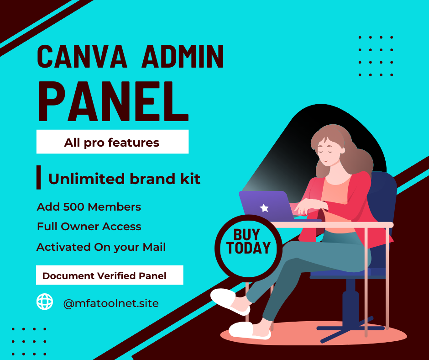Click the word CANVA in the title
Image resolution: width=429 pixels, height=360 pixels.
click(82, 57)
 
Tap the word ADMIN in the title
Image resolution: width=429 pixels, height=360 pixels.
click(183, 57)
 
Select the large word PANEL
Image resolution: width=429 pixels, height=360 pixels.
click(113, 101)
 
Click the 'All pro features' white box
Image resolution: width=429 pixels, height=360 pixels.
click(112, 142)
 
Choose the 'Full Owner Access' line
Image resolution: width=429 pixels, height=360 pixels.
click(89, 227)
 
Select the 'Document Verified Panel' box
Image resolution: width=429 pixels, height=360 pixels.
click(110, 275)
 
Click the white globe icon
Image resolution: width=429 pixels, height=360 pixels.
click(45, 302)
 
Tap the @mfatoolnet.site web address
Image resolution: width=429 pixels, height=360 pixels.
click(111, 303)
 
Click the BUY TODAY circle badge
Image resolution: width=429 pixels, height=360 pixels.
click(248, 248)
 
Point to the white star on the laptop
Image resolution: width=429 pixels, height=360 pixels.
click(264, 208)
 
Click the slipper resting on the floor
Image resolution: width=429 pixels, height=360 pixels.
click(250, 330)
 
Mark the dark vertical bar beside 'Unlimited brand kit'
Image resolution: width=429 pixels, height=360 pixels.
click(39, 177)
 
